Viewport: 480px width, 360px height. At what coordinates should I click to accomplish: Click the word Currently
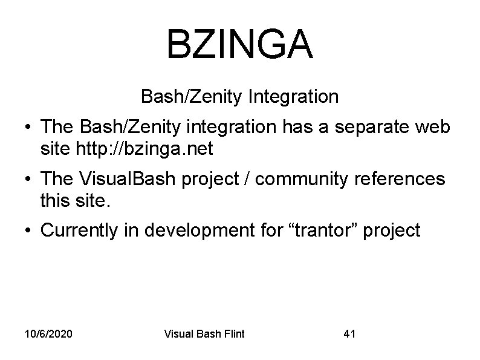81,231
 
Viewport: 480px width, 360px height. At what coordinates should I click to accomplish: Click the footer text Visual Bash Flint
205,333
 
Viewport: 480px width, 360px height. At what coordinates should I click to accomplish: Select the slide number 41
349,333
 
